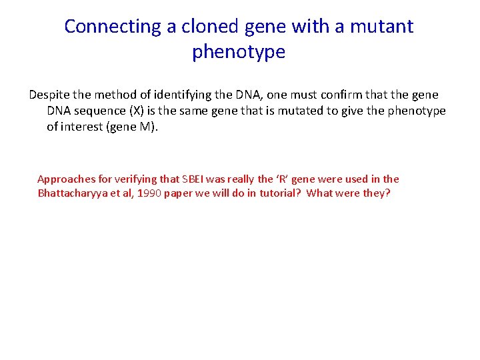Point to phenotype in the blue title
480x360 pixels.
239,52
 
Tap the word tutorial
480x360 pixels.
275,193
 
